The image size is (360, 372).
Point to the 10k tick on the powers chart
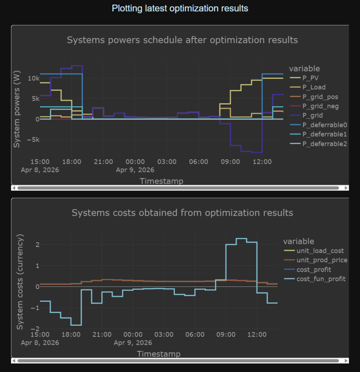point(34,78)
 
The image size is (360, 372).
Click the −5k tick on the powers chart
point(33,139)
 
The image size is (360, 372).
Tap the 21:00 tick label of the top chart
point(103,162)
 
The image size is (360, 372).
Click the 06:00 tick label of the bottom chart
point(195,335)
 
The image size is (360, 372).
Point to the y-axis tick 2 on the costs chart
point(37,245)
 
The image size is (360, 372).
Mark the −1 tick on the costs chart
point(35,308)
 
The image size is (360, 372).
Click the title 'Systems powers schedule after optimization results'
point(182,40)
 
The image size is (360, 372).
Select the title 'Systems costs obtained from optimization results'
point(182,213)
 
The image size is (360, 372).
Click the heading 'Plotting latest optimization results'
point(180,8)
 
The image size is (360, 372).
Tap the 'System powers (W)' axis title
point(17,109)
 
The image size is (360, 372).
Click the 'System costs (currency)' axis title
point(20,282)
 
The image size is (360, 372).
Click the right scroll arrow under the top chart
point(346,188)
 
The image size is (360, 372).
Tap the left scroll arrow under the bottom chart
point(14,361)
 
